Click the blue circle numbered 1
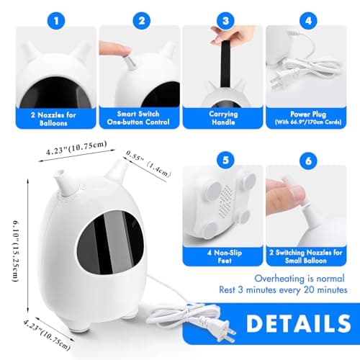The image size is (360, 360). point(56,21)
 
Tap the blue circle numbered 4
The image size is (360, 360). point(308,21)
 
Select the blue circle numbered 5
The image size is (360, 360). point(225,160)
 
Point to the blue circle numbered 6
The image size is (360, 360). point(308,161)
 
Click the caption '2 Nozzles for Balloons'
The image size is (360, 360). point(53,119)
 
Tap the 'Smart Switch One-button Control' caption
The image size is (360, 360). point(138,118)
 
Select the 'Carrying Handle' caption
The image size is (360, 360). point(223,118)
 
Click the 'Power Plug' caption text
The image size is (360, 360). point(308,114)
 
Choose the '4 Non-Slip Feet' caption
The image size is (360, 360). point(225,256)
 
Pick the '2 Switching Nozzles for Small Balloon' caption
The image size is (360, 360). point(306,256)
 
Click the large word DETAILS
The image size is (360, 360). point(299,324)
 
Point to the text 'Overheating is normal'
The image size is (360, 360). point(300,279)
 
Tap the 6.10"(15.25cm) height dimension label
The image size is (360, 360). point(16,251)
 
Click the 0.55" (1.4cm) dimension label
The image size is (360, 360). point(149,163)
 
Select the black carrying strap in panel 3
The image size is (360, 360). point(225,63)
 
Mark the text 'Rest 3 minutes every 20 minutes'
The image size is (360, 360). point(283,290)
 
